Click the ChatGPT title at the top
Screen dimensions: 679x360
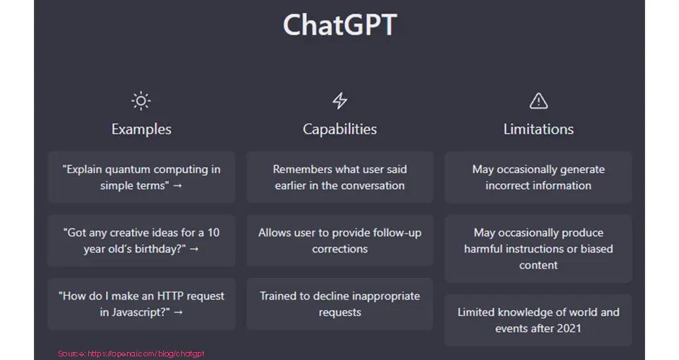click(340, 25)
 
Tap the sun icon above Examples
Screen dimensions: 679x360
click(141, 101)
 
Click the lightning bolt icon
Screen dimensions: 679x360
click(340, 101)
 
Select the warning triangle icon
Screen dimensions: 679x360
click(538, 101)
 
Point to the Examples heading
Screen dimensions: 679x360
click(141, 129)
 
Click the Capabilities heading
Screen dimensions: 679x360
click(340, 129)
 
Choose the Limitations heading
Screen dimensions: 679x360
click(538, 129)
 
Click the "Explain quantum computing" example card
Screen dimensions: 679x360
click(141, 177)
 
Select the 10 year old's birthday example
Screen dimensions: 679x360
click(141, 240)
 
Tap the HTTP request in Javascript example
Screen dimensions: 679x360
click(141, 304)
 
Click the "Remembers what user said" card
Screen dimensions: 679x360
click(340, 177)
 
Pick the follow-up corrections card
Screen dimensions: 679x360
click(340, 240)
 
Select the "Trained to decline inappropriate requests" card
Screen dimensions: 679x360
click(340, 304)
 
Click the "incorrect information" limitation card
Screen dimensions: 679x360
click(538, 177)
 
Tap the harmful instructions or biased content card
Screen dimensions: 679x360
click(538, 249)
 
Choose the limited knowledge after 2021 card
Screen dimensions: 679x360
click(538, 320)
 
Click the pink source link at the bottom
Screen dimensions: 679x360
click(131, 354)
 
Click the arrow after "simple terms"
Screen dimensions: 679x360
click(178, 185)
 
